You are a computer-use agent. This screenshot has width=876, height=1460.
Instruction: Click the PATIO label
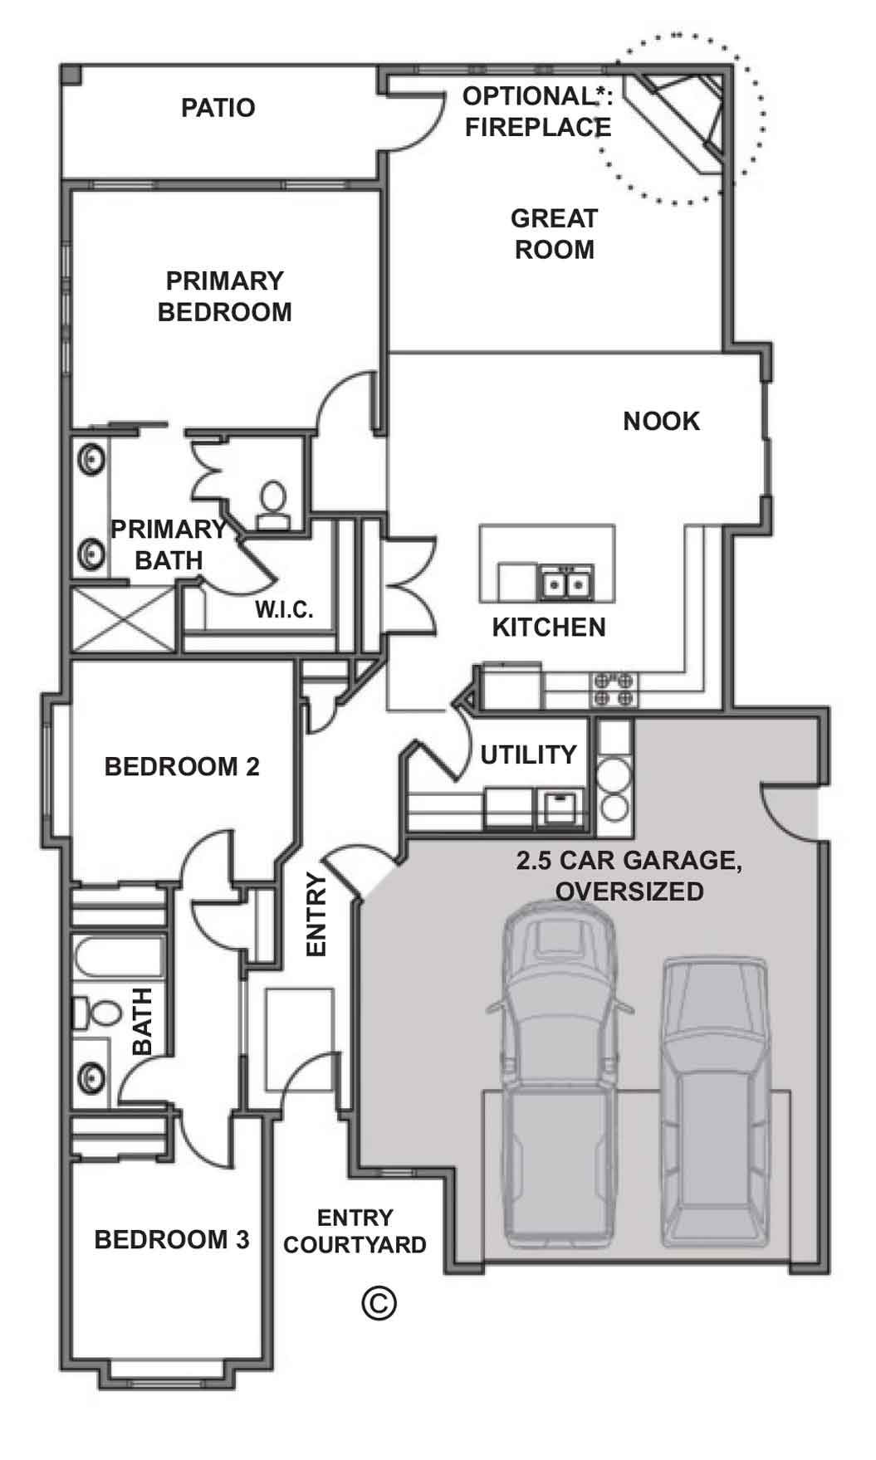pyautogui.click(x=218, y=108)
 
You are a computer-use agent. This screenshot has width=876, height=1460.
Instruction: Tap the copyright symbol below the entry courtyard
pyautogui.click(x=379, y=1303)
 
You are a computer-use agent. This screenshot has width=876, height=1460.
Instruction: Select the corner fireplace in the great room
pyautogui.click(x=677, y=120)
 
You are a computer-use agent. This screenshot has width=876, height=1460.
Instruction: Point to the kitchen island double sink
pyautogui.click(x=566, y=583)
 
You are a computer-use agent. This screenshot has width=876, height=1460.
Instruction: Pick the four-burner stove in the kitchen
pyautogui.click(x=614, y=689)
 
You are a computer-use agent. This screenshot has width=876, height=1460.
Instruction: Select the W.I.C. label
pyautogui.click(x=284, y=610)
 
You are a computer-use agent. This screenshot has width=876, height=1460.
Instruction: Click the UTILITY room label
pyautogui.click(x=528, y=754)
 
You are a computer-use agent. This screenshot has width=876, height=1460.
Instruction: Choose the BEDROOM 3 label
pyautogui.click(x=172, y=1240)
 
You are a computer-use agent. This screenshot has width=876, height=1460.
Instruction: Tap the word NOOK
pyautogui.click(x=661, y=422)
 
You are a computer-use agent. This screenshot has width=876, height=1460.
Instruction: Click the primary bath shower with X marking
pyautogui.click(x=124, y=618)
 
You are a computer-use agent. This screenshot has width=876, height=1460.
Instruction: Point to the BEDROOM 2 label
pyautogui.click(x=182, y=766)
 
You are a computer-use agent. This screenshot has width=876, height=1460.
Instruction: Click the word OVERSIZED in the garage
pyautogui.click(x=629, y=891)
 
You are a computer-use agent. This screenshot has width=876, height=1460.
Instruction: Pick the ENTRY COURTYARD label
pyautogui.click(x=355, y=1232)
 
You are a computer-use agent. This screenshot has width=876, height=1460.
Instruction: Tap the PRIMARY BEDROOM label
pyautogui.click(x=225, y=296)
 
